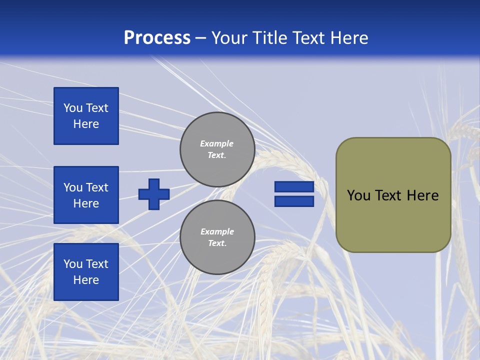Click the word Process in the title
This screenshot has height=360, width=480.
[157, 38]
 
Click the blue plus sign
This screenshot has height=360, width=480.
[154, 194]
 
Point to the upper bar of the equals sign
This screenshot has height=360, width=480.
[294, 186]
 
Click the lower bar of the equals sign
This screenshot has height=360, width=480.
[294, 201]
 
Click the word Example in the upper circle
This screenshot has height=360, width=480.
[216, 143]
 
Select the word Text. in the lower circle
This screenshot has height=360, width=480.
[217, 243]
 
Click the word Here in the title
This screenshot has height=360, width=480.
[348, 38]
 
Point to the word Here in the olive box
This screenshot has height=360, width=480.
[422, 195]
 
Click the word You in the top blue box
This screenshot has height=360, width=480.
[73, 108]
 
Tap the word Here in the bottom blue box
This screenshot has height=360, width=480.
[86, 280]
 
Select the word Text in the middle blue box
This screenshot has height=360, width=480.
[97, 187]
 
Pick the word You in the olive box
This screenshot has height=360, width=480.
[358, 195]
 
